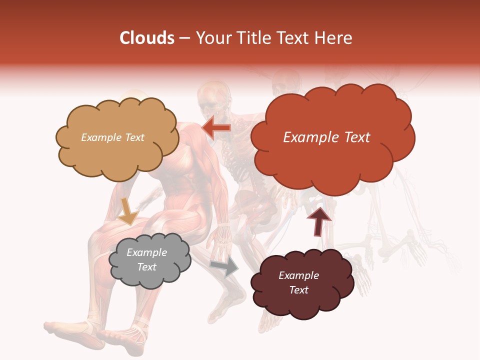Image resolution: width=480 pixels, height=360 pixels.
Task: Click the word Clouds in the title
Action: (146, 38)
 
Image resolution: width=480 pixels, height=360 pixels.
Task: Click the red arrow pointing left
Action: (216, 128)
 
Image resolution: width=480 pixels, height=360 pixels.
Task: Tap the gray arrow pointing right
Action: (224, 267)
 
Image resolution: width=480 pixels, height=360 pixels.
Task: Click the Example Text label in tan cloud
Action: (112, 137)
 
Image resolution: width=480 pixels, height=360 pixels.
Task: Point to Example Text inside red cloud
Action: (326, 137)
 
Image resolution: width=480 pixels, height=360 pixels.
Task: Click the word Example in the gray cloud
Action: (146, 252)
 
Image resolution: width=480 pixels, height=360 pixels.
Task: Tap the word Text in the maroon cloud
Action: (298, 290)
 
